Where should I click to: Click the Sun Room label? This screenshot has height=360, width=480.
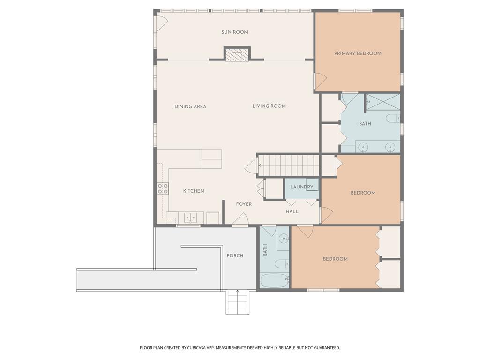(x=235, y=32)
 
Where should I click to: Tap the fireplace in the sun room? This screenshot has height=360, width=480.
(x=237, y=55)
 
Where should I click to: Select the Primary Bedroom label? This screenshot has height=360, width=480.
(x=358, y=53)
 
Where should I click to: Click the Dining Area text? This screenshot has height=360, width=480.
(x=190, y=107)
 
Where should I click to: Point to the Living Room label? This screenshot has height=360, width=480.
(x=269, y=106)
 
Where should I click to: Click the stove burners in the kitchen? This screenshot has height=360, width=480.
(x=163, y=189)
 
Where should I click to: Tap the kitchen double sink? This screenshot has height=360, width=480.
(x=190, y=217)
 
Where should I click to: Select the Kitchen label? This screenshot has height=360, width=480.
(x=194, y=191)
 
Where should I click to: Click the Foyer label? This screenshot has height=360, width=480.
(x=244, y=204)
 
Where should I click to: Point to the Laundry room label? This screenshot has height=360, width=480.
(x=301, y=187)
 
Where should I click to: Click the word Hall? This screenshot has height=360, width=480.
(x=292, y=212)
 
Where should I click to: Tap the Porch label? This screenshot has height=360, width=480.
(x=235, y=256)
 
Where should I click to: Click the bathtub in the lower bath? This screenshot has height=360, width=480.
(x=274, y=281)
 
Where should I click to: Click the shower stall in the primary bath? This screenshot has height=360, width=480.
(x=382, y=102)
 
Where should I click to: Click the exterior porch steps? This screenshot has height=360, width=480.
(x=238, y=302)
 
